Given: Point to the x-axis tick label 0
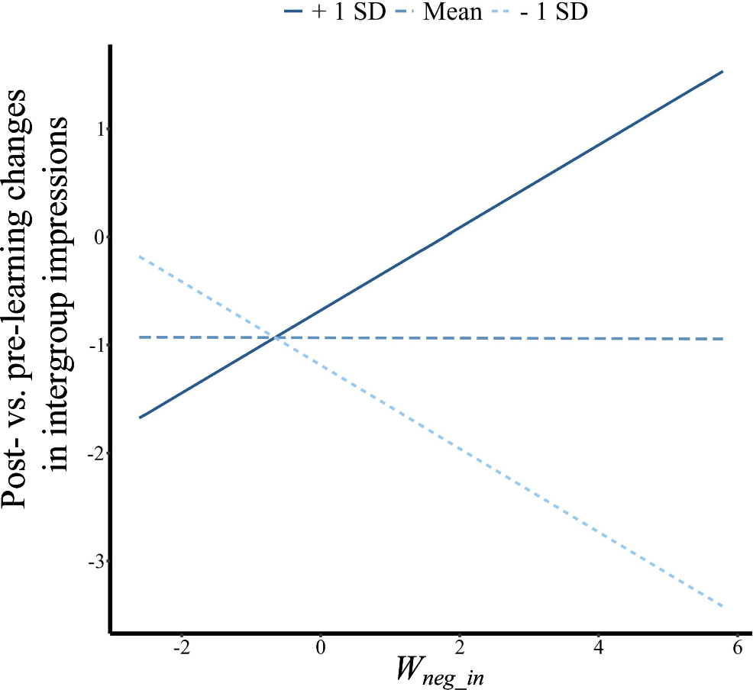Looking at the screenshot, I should (x=321, y=649).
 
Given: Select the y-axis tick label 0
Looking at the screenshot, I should (x=99, y=237).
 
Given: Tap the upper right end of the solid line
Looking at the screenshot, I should (x=722, y=71).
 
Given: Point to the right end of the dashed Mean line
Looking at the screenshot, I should (x=722, y=339).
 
